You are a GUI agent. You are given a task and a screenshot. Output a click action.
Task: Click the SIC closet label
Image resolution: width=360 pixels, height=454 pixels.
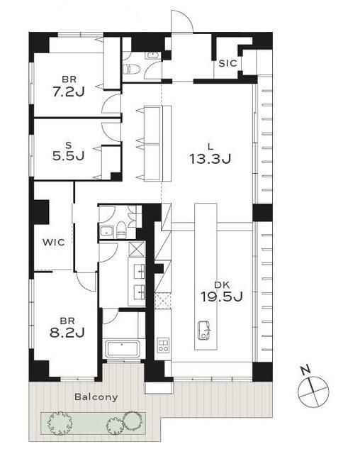228,63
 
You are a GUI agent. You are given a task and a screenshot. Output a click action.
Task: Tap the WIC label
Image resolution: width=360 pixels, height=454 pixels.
54,242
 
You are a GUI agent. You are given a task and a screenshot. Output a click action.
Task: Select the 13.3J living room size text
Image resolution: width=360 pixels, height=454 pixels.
210,159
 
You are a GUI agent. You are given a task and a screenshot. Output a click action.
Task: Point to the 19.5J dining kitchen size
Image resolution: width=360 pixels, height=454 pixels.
222,297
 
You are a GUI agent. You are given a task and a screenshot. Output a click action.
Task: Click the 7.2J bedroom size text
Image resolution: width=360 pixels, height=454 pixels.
69,92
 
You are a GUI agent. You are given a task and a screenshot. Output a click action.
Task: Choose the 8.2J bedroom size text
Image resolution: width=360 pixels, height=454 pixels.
67,333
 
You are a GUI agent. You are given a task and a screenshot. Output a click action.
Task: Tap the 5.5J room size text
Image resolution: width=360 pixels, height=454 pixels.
68,156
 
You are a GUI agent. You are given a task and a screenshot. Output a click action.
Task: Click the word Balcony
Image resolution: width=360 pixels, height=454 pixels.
96,397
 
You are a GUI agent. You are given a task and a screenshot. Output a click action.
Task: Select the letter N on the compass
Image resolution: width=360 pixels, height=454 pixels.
305,370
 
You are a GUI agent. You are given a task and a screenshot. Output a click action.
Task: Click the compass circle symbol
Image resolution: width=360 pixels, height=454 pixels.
313,392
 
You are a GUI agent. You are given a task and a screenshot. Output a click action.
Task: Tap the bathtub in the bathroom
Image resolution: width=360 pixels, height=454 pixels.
123,348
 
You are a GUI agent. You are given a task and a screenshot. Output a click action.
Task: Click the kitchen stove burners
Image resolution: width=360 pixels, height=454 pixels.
163,345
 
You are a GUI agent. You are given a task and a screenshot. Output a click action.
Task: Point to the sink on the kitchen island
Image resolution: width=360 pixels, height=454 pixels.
205,331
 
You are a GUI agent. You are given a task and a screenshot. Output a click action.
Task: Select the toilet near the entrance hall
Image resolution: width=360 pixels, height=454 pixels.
131,70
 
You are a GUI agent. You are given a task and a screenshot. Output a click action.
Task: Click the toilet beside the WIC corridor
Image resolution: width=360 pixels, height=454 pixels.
121,230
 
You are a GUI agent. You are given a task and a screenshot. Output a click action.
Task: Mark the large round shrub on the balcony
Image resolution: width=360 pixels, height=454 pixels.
132,420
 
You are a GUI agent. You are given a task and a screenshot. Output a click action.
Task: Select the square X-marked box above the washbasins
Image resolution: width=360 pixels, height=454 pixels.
137,249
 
